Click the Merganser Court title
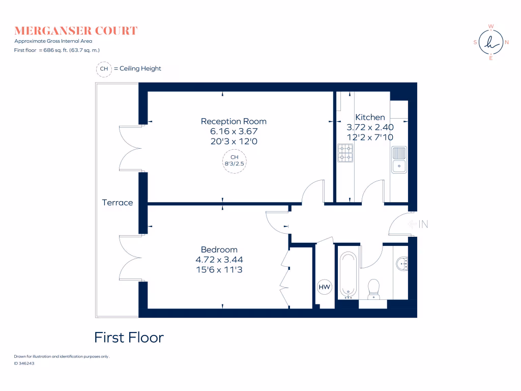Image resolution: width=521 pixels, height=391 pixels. (x=76, y=31)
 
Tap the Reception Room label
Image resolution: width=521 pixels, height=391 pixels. (x=234, y=121)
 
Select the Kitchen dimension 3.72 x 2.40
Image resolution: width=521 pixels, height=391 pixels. (x=369, y=127)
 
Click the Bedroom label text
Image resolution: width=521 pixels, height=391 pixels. (x=219, y=249)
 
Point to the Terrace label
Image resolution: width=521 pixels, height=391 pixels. (x=118, y=203)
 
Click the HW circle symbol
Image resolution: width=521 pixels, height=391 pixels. (x=324, y=288)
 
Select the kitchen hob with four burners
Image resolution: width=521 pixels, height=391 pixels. (x=345, y=153)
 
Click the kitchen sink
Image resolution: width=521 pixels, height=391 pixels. (x=399, y=159)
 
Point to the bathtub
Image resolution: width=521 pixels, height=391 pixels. (x=349, y=274)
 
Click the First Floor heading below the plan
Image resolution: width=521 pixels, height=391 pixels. (x=129, y=338)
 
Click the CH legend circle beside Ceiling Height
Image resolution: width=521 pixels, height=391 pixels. (x=104, y=69)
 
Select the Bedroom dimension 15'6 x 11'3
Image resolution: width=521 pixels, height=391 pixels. (x=219, y=270)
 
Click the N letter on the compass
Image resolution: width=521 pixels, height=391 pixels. (x=507, y=43)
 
